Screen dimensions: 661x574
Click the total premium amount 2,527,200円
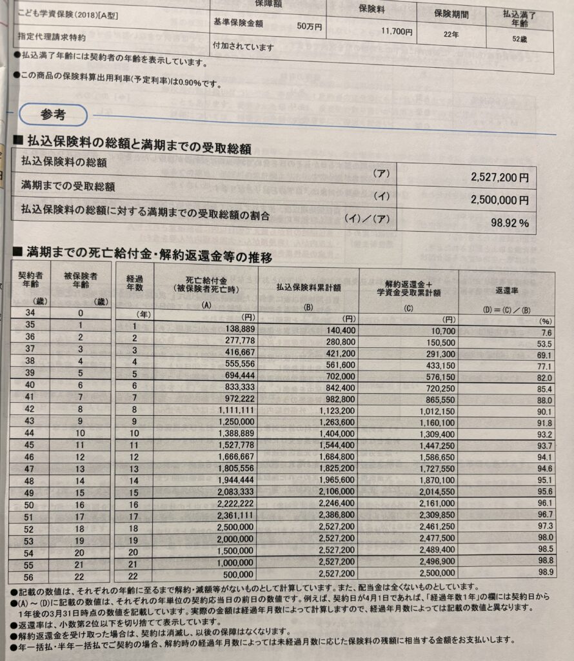[x=499, y=177]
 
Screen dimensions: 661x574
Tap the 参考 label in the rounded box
[x=53, y=114]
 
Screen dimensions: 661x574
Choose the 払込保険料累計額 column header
[x=308, y=287]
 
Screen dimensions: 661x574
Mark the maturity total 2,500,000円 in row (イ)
[x=499, y=200]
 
